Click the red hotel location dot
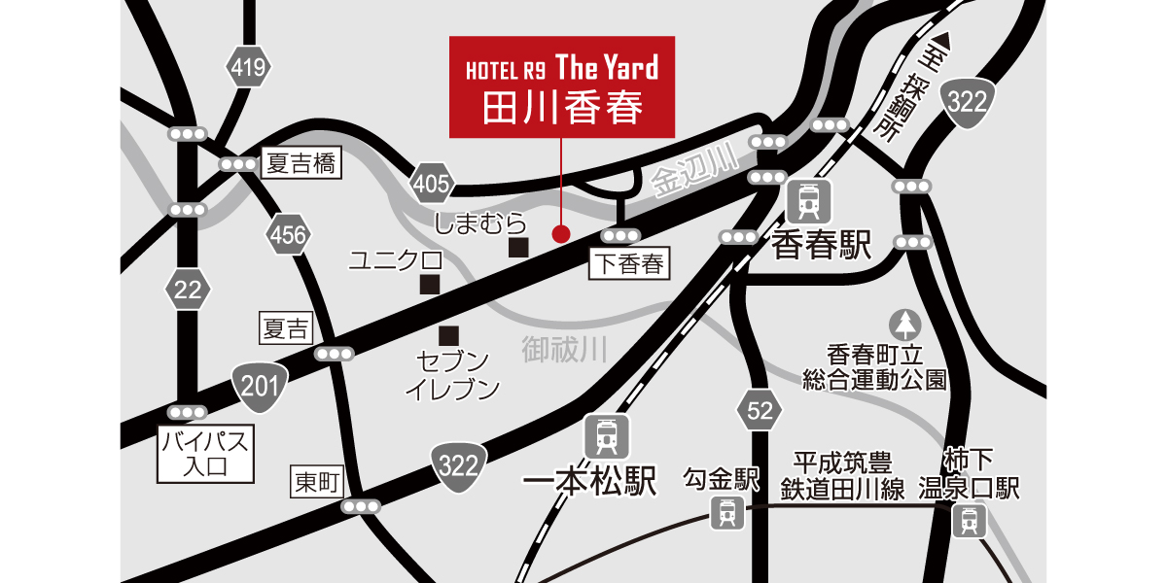(560, 233)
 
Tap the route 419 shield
(246, 67)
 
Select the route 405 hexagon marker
(432, 184)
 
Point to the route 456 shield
(288, 234)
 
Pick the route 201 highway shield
(260, 387)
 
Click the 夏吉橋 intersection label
(301, 164)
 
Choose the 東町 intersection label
(318, 480)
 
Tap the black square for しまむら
(519, 248)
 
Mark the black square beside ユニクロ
(429, 285)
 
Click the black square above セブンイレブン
(448, 336)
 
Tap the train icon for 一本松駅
(607, 438)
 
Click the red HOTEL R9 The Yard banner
(562, 87)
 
